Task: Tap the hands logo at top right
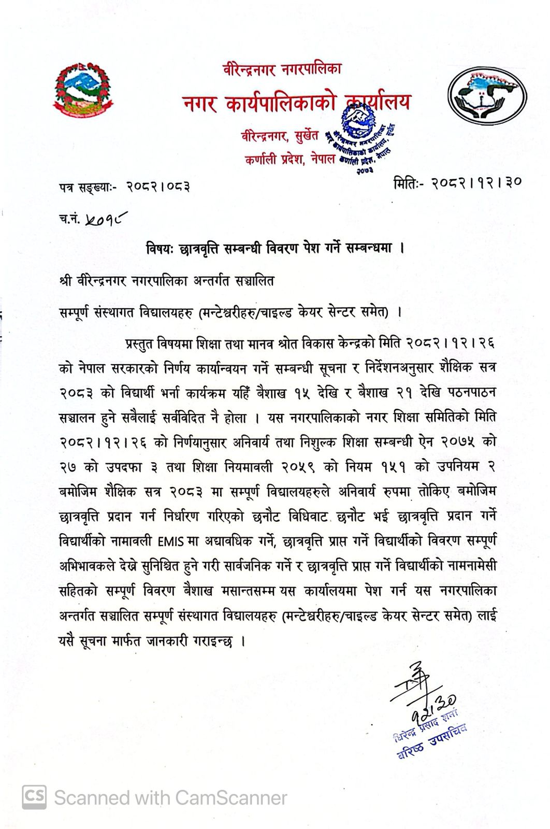(x=487, y=97)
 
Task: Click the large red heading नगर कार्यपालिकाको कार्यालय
(x=296, y=102)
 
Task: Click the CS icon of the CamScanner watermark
(x=34, y=797)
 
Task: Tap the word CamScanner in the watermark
(x=231, y=798)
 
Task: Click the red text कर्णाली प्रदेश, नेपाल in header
(x=290, y=161)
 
